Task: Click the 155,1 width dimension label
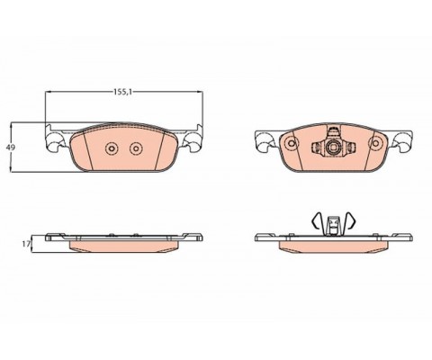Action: pos(122,92)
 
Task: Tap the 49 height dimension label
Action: pos(11,148)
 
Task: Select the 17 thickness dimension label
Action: pos(26,244)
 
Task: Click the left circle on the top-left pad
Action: pos(112,148)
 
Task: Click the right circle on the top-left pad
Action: pos(136,148)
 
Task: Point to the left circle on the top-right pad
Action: pos(291,143)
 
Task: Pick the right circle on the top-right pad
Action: pos(375,143)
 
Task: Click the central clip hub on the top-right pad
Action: pos(333,147)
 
